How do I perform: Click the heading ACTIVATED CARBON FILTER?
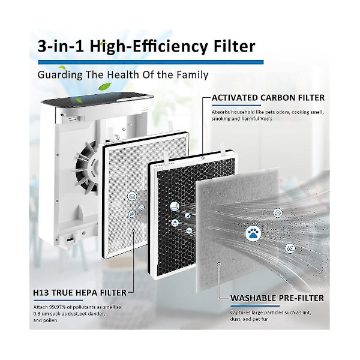pos(268,98)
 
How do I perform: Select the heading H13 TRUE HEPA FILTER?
pos(80,293)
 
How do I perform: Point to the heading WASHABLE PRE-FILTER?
pos(277,298)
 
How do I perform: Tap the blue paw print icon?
pos(253,233)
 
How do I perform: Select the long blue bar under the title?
pos(151,62)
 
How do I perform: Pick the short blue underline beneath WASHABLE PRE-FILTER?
pos(255,306)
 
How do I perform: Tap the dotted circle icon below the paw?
pos(290,248)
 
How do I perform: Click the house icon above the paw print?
pos(278,213)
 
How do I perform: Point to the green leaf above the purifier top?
pos(104,86)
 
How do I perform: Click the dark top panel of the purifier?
pos(97,99)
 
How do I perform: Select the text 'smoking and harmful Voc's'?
pos(242,119)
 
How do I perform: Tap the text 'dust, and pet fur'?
pos(249,319)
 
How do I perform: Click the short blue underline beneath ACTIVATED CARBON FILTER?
pos(236,106)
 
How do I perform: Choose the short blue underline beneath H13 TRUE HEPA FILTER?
pos(58,301)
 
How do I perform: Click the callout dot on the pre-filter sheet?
pos(219,263)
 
